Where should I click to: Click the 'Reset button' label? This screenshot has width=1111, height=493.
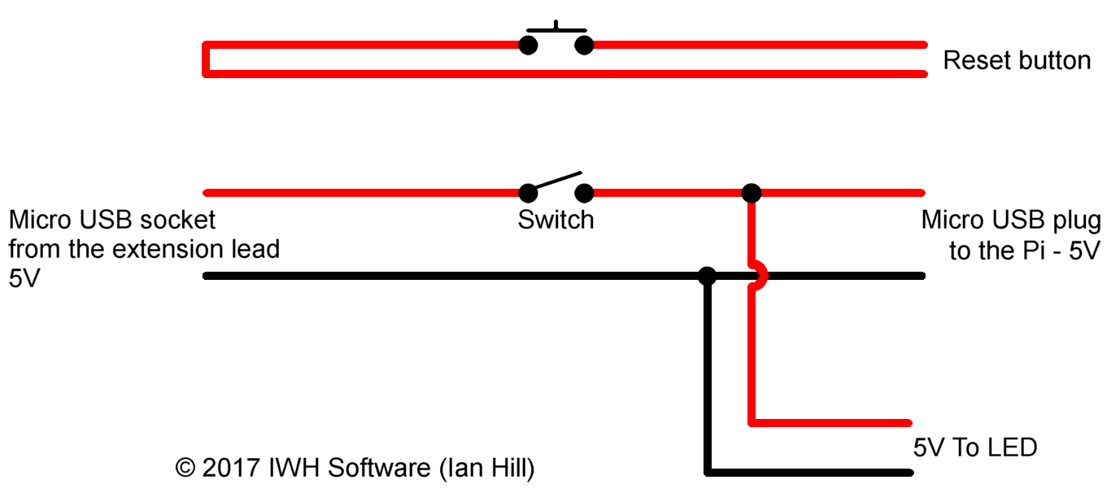pos(1017,60)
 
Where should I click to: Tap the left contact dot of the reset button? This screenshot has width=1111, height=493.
pos(529,45)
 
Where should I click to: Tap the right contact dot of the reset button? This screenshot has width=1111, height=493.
pos(583,45)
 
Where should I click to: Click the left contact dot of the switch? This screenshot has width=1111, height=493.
pos(529,193)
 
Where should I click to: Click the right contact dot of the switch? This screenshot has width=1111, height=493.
pos(583,193)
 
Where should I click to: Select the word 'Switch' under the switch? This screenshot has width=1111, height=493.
pos(555,220)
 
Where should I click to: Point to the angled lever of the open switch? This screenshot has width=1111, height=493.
pos(558,180)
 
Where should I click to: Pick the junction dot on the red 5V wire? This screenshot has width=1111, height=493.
pos(752,193)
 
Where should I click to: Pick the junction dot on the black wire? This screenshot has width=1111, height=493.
pos(708,276)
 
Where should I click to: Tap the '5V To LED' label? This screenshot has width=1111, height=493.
pos(975,447)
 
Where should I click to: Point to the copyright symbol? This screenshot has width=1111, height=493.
pos(185,469)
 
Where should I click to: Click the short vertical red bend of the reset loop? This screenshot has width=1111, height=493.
pos(207,59)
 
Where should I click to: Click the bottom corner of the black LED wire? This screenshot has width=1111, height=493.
pos(708,471)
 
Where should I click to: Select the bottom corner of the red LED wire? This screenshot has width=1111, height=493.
pos(752,422)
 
